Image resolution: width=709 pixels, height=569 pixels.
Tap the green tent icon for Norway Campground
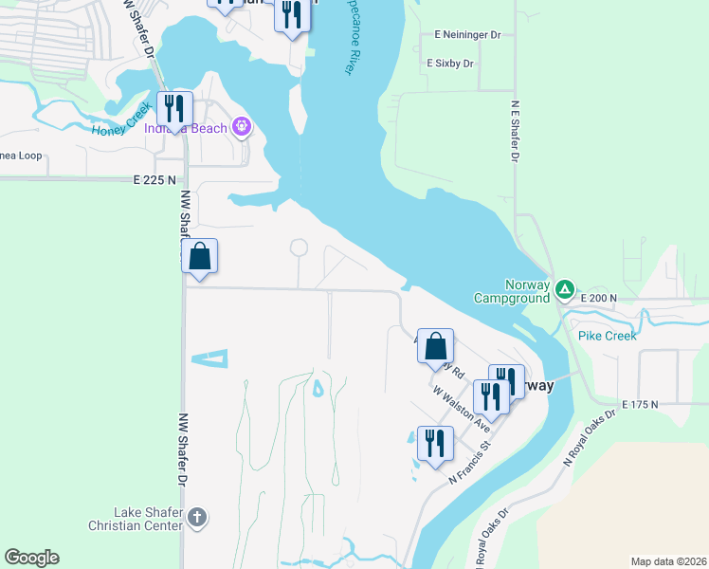tap(565, 288)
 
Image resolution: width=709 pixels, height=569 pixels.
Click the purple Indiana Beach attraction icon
tap(242, 126)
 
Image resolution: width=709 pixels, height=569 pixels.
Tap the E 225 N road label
tap(155, 179)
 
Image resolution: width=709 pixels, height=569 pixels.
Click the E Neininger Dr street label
tap(467, 34)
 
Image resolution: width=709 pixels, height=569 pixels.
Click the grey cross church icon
tap(196, 517)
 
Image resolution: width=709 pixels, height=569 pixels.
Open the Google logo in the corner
tap(31, 558)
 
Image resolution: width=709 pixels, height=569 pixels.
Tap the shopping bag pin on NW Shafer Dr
tap(200, 257)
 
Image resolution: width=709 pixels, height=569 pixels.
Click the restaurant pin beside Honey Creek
tap(175, 110)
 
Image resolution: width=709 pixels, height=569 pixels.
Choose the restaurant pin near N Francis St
tap(436, 445)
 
